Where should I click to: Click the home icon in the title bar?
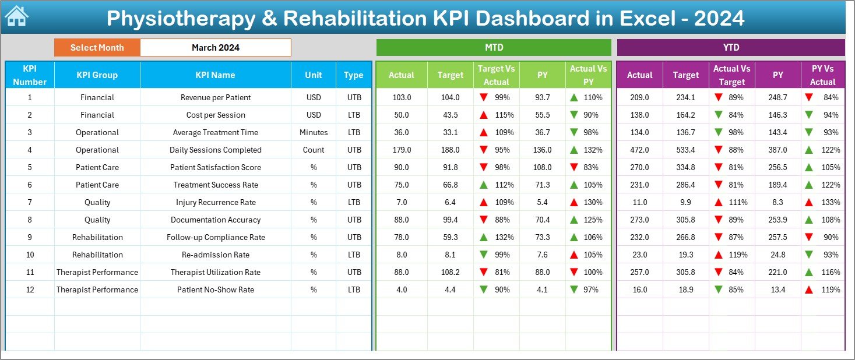click(x=16, y=16)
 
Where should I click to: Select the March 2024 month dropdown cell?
click(x=216, y=48)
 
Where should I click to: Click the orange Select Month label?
click(x=97, y=48)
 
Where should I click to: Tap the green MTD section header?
click(x=494, y=47)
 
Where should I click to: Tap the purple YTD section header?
click(x=731, y=47)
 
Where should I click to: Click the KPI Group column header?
click(x=97, y=75)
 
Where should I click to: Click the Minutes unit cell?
click(x=314, y=132)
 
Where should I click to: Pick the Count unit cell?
click(x=314, y=150)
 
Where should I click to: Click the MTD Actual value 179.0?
click(x=401, y=150)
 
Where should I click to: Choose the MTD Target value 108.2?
click(x=450, y=272)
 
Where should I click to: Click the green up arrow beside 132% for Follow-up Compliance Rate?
click(x=484, y=237)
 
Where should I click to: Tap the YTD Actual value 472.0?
click(x=639, y=150)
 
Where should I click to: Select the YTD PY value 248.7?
click(x=777, y=97)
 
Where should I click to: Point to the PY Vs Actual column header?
click(x=822, y=75)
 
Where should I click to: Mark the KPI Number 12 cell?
click(x=30, y=290)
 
